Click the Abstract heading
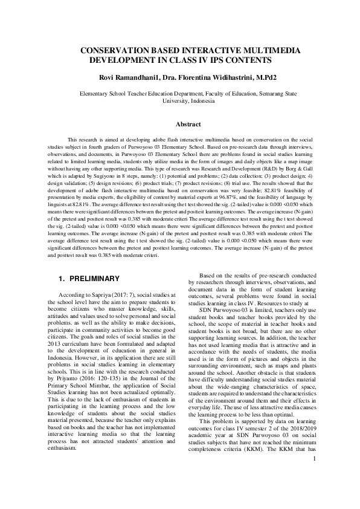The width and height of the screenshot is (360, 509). coord(187,124)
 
